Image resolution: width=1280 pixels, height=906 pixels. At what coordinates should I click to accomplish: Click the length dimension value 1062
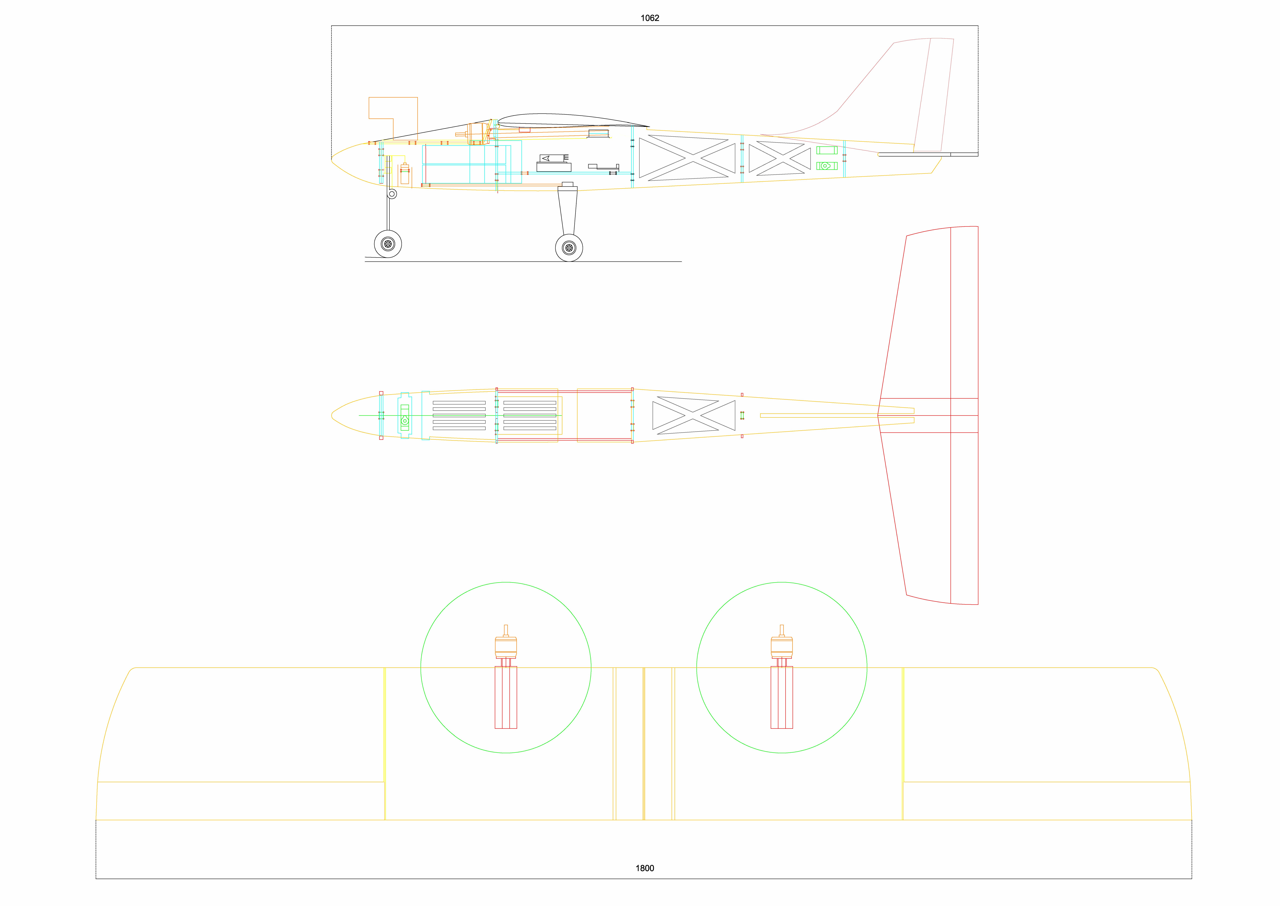[649, 18]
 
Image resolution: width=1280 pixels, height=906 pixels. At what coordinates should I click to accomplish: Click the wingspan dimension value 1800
[645, 868]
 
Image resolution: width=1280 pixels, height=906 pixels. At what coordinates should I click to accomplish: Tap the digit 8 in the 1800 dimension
[642, 868]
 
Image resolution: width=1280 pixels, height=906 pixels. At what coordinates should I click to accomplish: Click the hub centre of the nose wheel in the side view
[388, 244]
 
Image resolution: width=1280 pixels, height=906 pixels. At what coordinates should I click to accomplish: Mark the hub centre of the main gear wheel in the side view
[569, 248]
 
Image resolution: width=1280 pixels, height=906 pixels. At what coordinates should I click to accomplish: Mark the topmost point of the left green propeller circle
[506, 582]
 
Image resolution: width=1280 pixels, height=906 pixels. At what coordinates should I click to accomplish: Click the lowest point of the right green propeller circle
[782, 753]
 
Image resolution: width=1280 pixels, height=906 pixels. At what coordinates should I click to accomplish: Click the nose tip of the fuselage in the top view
[332, 415]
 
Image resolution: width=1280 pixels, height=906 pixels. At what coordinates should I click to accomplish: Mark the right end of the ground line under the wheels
[681, 262]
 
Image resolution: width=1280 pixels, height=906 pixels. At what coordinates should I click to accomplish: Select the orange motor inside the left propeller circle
[506, 645]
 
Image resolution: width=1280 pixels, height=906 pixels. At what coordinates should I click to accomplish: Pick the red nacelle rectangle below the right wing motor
[782, 697]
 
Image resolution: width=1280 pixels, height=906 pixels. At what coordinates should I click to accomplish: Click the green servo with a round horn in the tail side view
[827, 166]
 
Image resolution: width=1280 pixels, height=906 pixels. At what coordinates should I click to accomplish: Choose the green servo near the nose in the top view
[405, 416]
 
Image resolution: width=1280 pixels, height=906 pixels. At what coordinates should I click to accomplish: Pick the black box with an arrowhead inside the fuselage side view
[554, 158]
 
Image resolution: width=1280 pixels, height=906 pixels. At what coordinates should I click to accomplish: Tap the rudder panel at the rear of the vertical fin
[934, 95]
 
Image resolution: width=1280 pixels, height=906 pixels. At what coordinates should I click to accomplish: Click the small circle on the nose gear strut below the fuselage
[392, 194]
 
